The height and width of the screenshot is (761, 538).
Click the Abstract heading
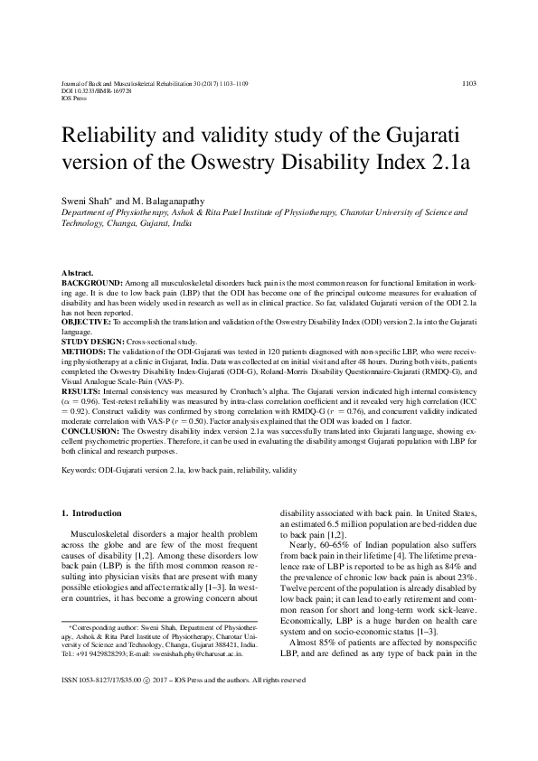[80, 273]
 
